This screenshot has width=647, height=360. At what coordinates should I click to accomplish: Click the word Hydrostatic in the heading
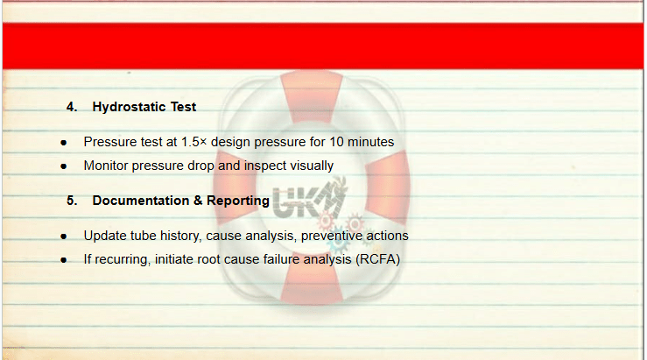click(130, 107)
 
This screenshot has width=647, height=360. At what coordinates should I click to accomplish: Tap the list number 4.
click(72, 107)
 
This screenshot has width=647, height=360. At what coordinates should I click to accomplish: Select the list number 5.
click(72, 201)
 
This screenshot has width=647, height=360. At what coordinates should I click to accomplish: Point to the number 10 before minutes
click(336, 142)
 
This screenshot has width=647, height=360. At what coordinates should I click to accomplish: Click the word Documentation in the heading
click(141, 201)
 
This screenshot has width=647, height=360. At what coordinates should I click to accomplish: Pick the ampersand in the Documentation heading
click(198, 201)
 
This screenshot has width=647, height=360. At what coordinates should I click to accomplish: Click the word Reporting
click(238, 201)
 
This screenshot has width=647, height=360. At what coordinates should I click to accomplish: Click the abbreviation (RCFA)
click(378, 259)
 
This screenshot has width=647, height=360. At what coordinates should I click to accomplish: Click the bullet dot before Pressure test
click(64, 143)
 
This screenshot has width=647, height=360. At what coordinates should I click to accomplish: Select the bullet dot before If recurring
click(64, 260)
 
